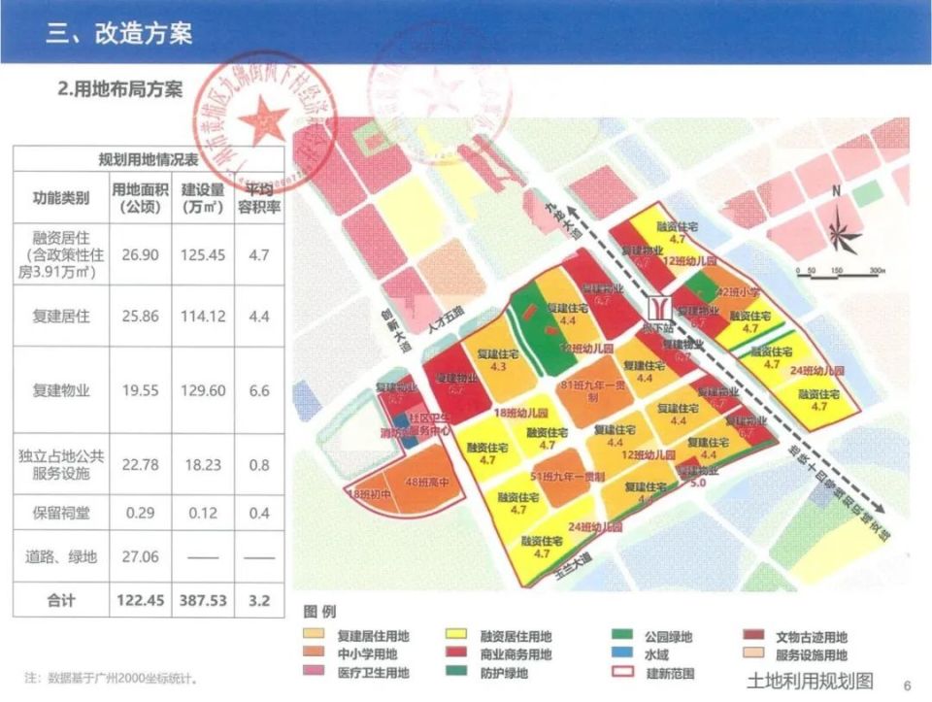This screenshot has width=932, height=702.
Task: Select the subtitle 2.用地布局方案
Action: pos(120,91)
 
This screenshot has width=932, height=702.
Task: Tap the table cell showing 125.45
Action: pos(203,253)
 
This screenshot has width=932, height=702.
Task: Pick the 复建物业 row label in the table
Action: pos(61,390)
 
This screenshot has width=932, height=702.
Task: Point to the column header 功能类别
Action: pos(61,198)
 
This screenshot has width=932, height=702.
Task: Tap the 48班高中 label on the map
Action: pos(424,482)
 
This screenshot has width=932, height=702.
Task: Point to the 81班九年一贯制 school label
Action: pos(591,389)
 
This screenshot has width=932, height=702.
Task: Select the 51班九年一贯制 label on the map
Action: pos(568,478)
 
